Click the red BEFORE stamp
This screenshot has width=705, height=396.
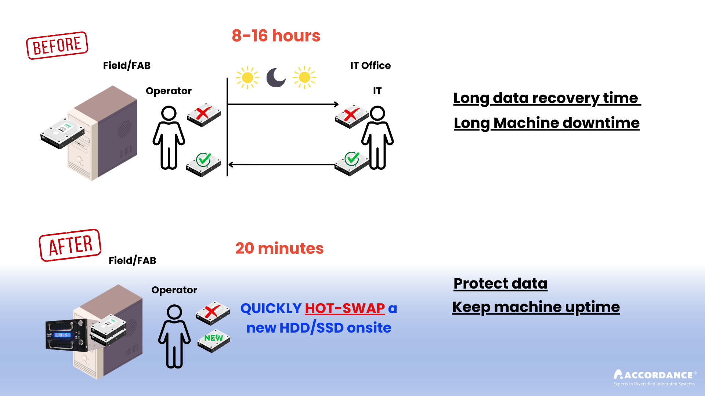pos(57,45)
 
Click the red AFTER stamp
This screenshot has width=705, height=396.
pos(70,245)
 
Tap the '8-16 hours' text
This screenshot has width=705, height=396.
pos(276,36)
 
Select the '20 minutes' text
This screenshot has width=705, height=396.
pos(279,248)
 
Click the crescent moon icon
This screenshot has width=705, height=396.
pos(276,77)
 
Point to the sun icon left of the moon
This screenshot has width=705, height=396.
pos(247,77)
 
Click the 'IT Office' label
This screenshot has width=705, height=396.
pos(370,66)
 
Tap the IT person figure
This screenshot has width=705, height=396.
pos(377,137)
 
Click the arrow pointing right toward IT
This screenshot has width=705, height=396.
pos(283,104)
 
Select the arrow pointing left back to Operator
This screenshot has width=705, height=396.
pos(283,165)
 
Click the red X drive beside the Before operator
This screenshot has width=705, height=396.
pos(204,115)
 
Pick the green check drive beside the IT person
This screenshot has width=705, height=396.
pos(352,163)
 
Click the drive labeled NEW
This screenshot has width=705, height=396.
pos(213,340)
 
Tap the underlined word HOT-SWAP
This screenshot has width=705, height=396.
pos(345,308)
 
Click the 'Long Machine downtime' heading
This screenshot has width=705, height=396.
pos(546,123)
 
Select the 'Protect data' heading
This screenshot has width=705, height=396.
pos(500,283)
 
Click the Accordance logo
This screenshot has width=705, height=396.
pos(654,377)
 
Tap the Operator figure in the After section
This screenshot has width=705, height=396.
pos(174,336)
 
